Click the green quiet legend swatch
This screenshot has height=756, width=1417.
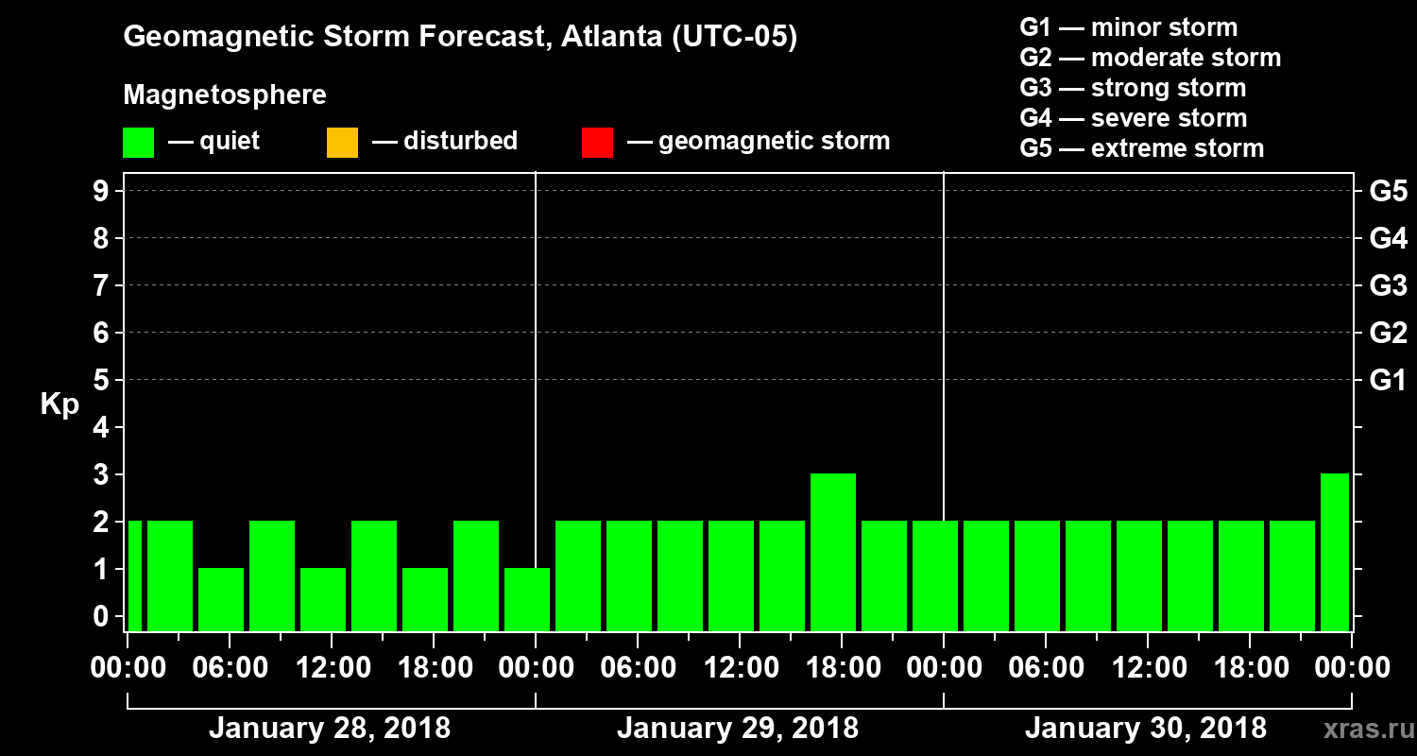(x=138, y=143)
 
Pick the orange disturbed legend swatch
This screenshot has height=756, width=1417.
(x=342, y=143)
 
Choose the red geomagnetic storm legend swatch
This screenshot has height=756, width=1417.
(x=597, y=143)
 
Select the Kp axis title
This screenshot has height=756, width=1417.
(x=60, y=404)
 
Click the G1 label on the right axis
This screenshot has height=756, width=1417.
(x=1388, y=381)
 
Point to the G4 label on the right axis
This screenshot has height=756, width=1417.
(x=1388, y=238)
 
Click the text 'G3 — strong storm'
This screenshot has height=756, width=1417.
(x=1133, y=88)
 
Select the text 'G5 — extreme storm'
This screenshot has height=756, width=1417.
(x=1141, y=148)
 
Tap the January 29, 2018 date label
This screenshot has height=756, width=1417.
(x=738, y=729)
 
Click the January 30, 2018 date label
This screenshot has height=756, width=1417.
(x=1146, y=729)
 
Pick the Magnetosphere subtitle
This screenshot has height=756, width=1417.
(x=225, y=95)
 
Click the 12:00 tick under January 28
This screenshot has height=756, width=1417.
(x=332, y=668)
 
